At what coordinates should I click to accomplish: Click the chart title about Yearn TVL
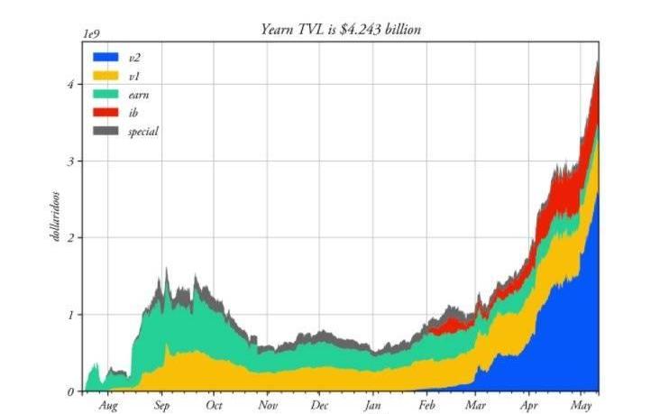click(x=341, y=30)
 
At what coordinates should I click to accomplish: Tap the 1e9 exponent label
click(x=90, y=32)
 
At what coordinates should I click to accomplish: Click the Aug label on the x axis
click(x=107, y=406)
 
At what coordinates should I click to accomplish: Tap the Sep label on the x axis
click(x=161, y=406)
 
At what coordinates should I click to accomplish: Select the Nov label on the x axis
click(x=268, y=406)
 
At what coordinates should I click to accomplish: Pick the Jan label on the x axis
click(x=374, y=406)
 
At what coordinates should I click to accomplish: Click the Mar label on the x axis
click(x=475, y=406)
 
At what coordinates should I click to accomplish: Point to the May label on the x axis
click(x=582, y=406)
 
